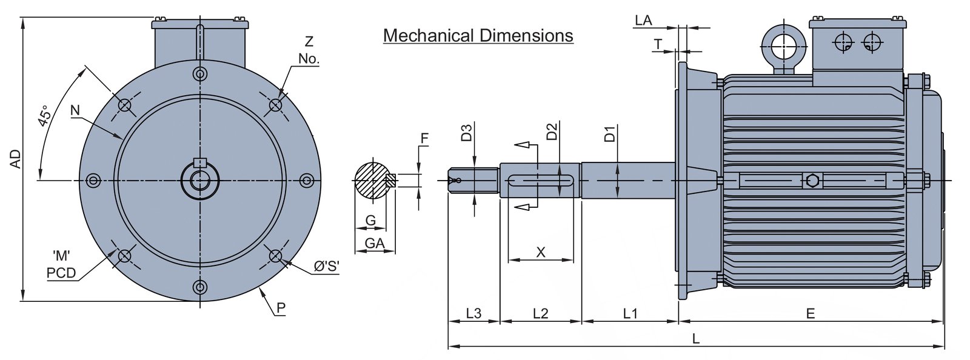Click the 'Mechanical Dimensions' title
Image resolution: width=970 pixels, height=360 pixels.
point(478,36)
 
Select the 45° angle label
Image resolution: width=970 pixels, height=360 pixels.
point(44,117)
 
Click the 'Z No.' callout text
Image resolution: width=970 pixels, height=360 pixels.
point(309,50)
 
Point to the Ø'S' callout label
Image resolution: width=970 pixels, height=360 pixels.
point(326,266)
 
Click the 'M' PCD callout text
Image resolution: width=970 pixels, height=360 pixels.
point(61,265)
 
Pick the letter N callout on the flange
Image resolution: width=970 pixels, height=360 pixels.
point(75,110)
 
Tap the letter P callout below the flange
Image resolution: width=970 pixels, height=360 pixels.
point(281,308)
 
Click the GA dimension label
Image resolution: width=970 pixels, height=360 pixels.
point(373,242)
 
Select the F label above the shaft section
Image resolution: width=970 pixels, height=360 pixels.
point(424,138)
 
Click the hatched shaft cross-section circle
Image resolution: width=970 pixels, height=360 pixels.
point(372,181)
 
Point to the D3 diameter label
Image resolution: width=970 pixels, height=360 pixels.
point(466,133)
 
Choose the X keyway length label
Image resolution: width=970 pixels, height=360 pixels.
point(541,252)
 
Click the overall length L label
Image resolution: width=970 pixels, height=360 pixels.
point(696,339)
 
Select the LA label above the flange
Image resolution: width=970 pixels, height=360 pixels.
point(643,21)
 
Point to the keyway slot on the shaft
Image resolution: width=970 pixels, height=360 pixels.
point(541,181)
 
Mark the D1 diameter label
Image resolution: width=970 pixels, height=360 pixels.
point(610,134)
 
